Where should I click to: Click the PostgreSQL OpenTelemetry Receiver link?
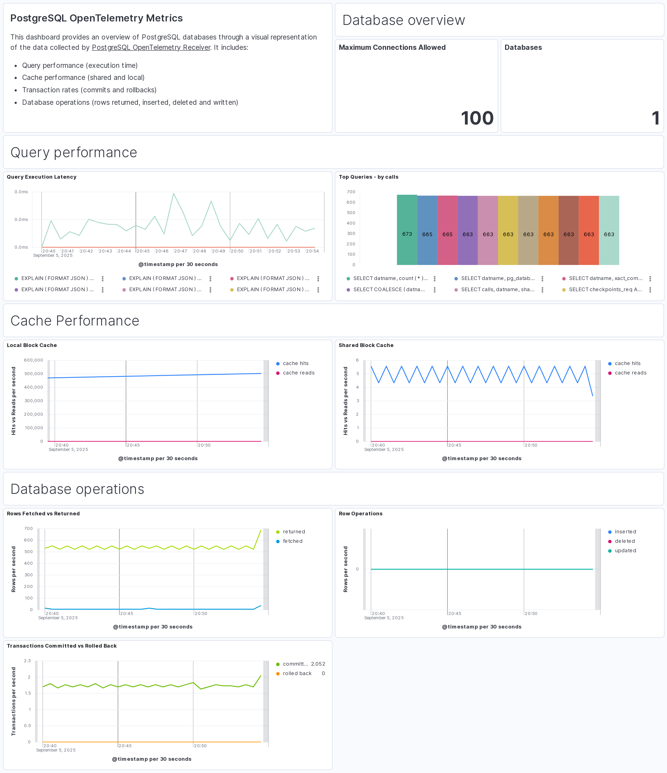pos(151,47)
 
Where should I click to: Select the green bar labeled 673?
pos(407,230)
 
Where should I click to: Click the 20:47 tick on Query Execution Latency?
pos(181,251)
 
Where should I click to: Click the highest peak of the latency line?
pos(174,194)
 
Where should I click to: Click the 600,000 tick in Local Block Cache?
pos(34,360)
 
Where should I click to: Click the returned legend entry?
pos(294,532)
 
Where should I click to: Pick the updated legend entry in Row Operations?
pos(625,551)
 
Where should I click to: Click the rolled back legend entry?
pos(297,673)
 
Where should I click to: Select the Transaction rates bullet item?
pos(89,90)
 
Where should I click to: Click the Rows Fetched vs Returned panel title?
pos(43,514)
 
